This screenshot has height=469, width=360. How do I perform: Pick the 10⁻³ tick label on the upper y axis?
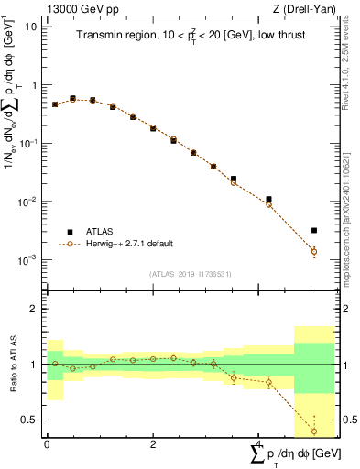[28, 260]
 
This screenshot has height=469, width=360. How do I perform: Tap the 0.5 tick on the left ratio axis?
[30, 420]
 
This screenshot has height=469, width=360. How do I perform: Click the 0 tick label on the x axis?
[47, 444]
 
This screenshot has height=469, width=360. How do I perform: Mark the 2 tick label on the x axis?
[153, 444]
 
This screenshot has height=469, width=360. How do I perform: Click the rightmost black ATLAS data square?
[314, 231]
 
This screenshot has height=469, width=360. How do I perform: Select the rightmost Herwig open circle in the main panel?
[314, 251]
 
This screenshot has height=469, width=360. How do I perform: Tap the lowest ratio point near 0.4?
[314, 431]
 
